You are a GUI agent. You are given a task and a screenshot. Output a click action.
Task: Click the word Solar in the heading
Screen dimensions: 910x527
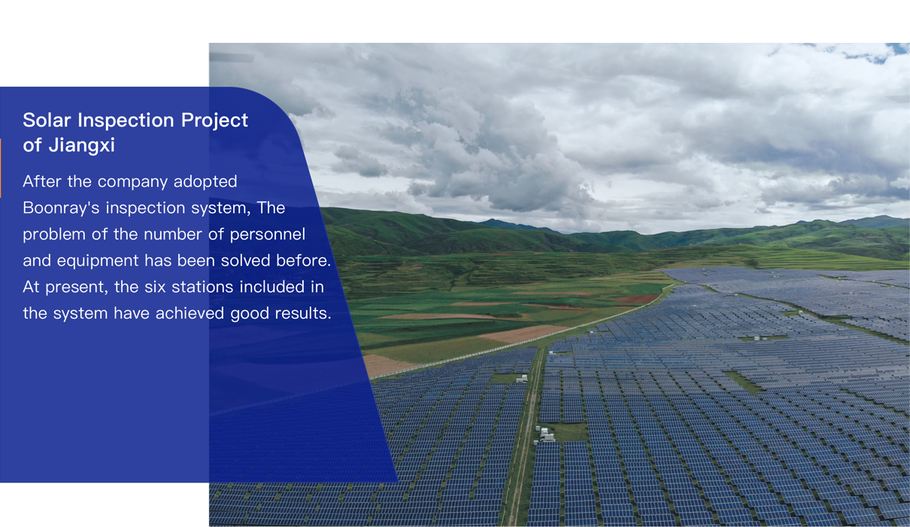coord(47,120)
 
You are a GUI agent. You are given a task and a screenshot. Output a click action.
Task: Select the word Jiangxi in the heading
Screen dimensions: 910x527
coord(82,146)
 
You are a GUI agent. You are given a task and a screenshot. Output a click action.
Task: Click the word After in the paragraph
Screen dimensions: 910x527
coord(42,181)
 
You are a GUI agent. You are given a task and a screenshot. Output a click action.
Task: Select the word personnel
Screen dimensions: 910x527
coord(267,235)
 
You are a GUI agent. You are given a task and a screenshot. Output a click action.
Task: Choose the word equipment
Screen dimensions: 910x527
coord(98,261)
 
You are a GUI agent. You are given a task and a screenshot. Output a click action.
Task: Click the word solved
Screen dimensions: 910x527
coord(245,260)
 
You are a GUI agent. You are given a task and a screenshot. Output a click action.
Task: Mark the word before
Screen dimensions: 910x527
coord(304,260)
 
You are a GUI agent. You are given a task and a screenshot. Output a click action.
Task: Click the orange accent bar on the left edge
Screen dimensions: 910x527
coord(1,168)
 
